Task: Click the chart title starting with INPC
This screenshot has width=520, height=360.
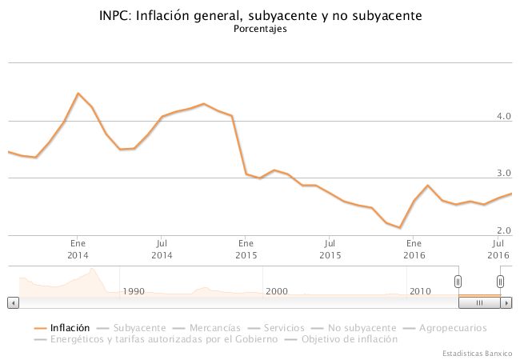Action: click(x=260, y=15)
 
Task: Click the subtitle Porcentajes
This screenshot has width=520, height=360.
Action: click(x=260, y=30)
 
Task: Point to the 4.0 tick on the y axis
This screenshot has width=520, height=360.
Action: click(x=503, y=117)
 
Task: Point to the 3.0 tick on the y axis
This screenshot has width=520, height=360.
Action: click(x=503, y=174)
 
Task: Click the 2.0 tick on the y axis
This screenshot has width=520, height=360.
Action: click(x=503, y=230)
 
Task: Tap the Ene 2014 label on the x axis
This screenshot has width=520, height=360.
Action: click(x=78, y=248)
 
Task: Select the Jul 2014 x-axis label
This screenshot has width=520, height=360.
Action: click(x=162, y=248)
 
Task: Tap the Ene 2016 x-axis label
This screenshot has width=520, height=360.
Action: click(x=414, y=248)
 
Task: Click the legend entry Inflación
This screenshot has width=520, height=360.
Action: click(x=69, y=328)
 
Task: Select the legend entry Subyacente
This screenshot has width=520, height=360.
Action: click(x=139, y=328)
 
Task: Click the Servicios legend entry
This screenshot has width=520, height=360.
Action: click(x=284, y=328)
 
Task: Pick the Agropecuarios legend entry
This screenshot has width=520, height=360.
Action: click(x=453, y=328)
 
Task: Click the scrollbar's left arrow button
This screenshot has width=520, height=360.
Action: click(x=12, y=303)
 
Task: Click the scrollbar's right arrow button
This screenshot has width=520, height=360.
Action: click(x=507, y=303)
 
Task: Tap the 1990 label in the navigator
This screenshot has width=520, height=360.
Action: click(x=134, y=291)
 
